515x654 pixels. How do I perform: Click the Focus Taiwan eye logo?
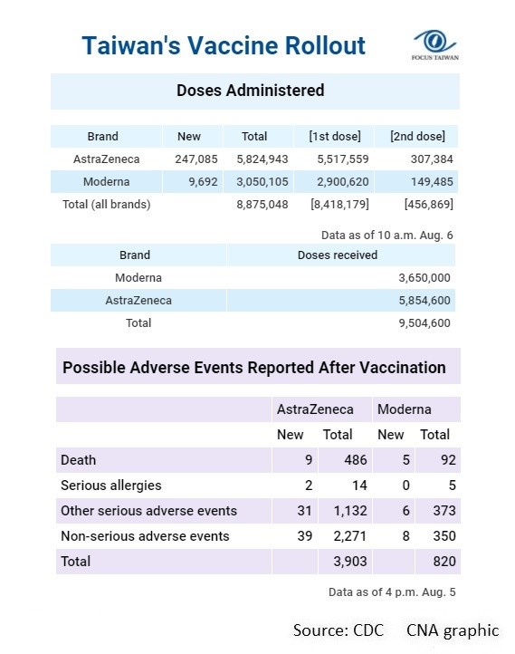pos(434,43)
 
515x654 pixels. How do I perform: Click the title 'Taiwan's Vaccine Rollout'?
pos(224,45)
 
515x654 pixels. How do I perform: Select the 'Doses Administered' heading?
pos(251,91)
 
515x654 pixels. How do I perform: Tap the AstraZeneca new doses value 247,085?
pos(196,159)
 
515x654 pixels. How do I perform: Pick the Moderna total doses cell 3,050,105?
pos(262,182)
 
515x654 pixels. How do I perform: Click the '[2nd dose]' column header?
pos(417,137)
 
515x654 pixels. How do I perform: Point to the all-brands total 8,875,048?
pos(262,205)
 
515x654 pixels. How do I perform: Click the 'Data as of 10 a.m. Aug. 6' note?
pos(387,236)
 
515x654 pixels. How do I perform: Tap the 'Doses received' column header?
pos(338,255)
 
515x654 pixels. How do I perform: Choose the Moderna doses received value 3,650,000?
pos(424,278)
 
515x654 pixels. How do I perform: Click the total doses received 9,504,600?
pos(424,322)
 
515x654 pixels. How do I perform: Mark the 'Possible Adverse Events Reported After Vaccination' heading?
pos(254,368)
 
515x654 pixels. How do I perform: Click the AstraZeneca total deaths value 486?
pos(356,459)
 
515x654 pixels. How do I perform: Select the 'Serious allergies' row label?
pos(110,486)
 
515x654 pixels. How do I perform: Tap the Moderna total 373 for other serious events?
pos(444,511)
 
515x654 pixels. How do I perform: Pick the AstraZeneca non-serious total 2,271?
pos(350,536)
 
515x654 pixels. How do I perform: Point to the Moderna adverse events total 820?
pos(444,562)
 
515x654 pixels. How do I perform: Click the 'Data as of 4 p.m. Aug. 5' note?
pos(392,592)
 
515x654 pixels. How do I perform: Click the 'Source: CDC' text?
pos(339,630)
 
